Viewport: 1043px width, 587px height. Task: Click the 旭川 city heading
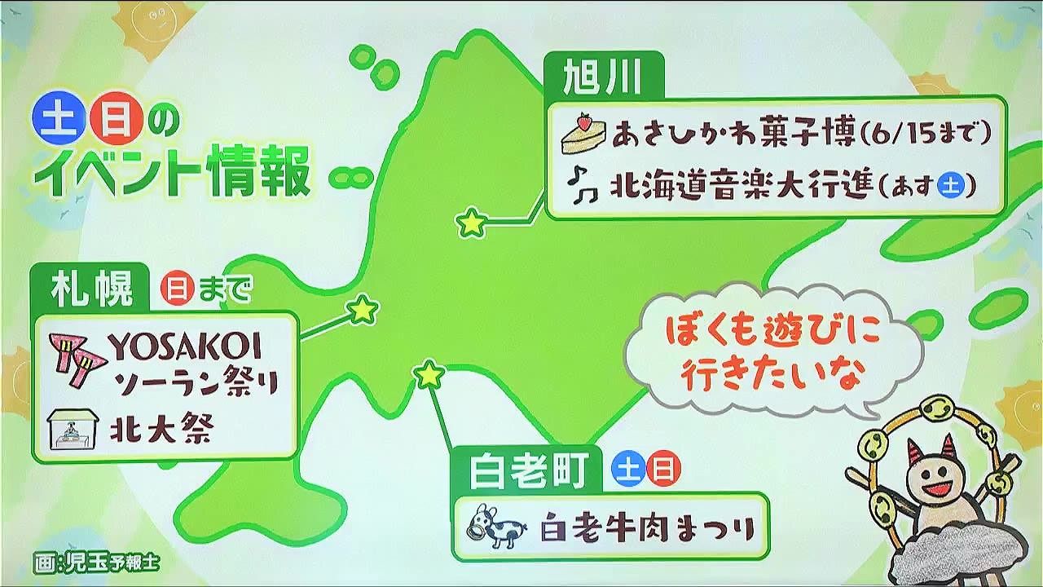[602, 77]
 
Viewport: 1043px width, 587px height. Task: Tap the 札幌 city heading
[92, 289]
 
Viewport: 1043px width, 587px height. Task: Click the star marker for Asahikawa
[472, 223]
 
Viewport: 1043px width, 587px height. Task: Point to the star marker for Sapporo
[363, 309]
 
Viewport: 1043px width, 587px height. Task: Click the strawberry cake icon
[584, 133]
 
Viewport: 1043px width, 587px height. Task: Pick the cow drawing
[497, 526]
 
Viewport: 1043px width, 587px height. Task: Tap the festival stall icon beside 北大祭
[73, 430]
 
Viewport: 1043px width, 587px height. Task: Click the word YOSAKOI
[185, 347]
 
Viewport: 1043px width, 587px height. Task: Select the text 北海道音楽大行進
[741, 186]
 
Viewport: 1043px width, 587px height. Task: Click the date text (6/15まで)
[926, 134]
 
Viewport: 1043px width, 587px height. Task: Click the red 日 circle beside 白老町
[663, 469]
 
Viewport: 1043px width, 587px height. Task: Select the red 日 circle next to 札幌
[178, 289]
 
